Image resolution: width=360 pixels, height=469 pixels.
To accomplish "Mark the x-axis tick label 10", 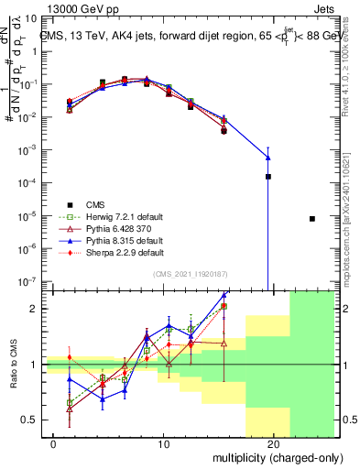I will click(x=162, y=444).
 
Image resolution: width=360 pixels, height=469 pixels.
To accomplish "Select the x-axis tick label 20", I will click(x=272, y=444).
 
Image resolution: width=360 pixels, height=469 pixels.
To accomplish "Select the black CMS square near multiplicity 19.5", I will click(x=268, y=176).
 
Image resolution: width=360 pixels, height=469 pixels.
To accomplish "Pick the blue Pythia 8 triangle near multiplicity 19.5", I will click(x=268, y=157).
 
